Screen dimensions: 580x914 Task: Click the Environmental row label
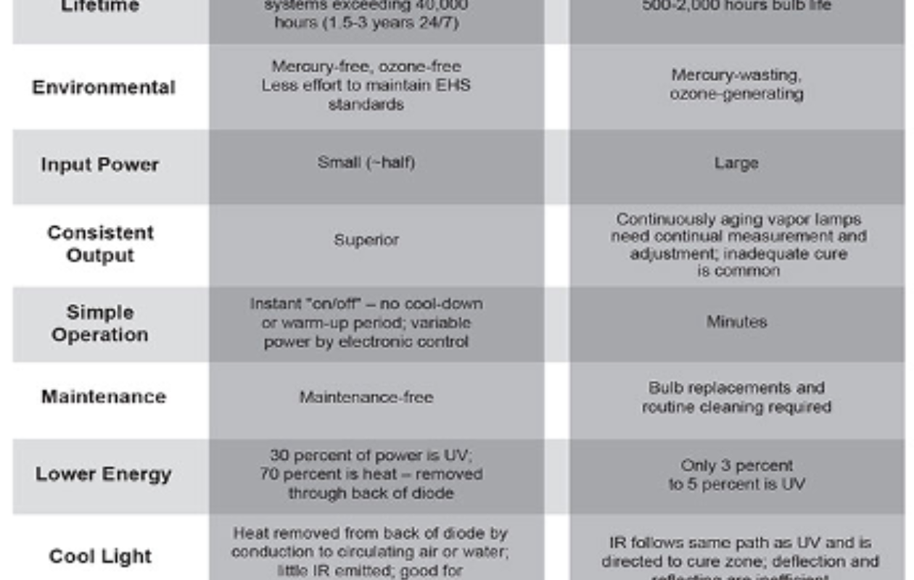(104, 88)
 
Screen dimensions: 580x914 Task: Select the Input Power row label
(99, 165)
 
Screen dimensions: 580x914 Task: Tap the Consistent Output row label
(100, 244)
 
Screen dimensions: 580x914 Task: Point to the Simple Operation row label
(100, 323)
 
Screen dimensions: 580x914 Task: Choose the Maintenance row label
(104, 397)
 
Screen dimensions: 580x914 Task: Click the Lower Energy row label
(104, 474)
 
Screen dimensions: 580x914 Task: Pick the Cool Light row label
(100, 556)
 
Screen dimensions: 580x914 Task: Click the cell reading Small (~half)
(366, 162)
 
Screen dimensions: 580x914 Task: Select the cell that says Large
(736, 162)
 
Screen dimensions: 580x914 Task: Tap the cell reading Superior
(366, 240)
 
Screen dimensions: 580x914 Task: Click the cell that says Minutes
(736, 322)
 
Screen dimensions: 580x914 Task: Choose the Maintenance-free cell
(366, 397)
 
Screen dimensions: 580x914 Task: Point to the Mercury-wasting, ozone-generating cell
(736, 85)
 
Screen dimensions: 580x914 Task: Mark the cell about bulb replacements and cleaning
(736, 397)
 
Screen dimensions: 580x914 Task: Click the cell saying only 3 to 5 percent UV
(736, 475)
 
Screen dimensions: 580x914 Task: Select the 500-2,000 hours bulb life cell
(736, 7)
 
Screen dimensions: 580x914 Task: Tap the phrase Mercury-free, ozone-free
(366, 67)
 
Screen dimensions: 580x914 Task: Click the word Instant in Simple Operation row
(275, 304)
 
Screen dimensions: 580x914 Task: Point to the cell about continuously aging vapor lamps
(738, 245)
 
